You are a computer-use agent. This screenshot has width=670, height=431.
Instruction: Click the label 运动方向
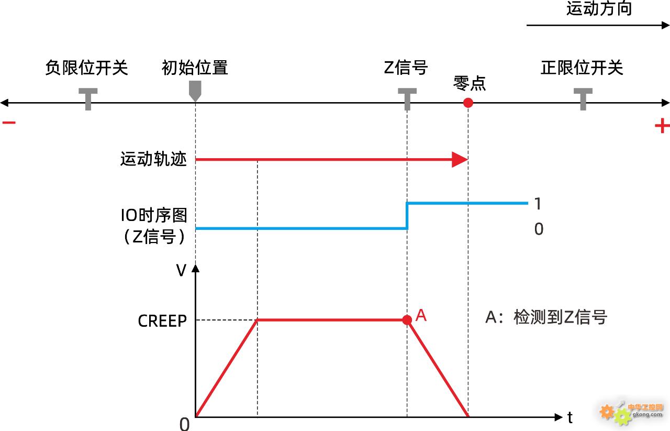(599, 9)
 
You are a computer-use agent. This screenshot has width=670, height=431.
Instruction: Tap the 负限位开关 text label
(86, 68)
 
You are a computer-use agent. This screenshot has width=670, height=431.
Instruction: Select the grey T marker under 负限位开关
(88, 98)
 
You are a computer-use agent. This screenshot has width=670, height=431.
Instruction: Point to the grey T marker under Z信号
(407, 98)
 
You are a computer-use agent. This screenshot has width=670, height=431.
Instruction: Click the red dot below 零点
(468, 103)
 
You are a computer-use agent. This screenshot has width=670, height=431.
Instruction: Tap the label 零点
(470, 83)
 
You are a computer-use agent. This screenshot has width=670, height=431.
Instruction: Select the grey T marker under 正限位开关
(583, 98)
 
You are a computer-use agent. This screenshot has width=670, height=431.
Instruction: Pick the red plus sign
(662, 126)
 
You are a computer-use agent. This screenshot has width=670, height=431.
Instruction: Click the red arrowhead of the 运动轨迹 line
(459, 159)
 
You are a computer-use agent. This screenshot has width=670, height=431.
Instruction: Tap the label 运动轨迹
(153, 159)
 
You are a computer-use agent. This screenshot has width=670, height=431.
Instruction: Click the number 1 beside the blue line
(538, 204)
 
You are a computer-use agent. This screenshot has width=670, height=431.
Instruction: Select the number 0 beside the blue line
(539, 229)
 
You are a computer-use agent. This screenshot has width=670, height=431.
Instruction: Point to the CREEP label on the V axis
(162, 321)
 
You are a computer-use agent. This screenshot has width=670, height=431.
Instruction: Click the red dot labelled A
(407, 320)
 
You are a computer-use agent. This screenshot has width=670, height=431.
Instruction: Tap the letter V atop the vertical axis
(181, 271)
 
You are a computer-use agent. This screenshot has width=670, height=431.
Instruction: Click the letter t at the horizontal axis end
(570, 417)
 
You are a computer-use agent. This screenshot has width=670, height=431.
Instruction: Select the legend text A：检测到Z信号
(546, 317)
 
